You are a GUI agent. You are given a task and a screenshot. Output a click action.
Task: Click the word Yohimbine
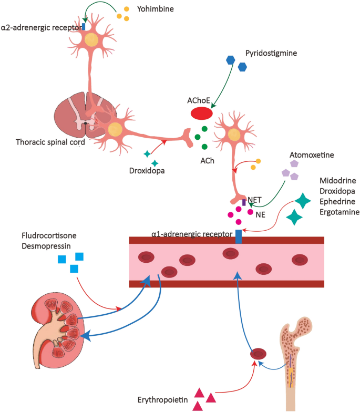pyautogui.click(x=156, y=9)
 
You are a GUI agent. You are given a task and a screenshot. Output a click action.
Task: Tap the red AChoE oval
pyautogui.click(x=201, y=113)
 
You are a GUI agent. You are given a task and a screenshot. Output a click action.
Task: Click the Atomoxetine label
pyautogui.click(x=312, y=156)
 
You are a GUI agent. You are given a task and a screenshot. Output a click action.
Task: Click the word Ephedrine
pyautogui.click(x=337, y=202)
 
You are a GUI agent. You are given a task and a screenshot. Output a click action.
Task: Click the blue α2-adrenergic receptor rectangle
pyautogui.click(x=84, y=26)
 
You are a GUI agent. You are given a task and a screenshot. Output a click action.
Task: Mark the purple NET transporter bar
pyautogui.click(x=243, y=202)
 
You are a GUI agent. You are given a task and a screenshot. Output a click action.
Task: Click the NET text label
pyautogui.click(x=255, y=199)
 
